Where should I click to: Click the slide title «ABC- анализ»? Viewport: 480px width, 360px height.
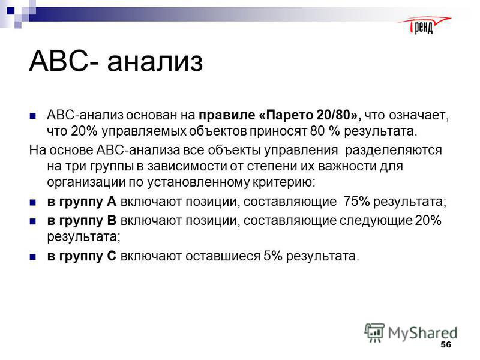[x=116, y=61]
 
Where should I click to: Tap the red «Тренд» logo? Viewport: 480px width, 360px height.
[x=424, y=25]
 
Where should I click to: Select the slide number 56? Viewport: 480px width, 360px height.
[x=446, y=344]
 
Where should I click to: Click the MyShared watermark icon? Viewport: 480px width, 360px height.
[x=374, y=332]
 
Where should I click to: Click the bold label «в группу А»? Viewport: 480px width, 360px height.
[x=82, y=202]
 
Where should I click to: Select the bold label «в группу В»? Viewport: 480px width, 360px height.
[x=82, y=221]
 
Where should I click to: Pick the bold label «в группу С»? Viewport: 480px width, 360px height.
[x=82, y=256]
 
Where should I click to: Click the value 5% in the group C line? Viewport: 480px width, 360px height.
[x=273, y=256]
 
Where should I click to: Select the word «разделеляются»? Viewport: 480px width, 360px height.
[x=394, y=151]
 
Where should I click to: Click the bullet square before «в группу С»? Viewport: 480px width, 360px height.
[x=33, y=257]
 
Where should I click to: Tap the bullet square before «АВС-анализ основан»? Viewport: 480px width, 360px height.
[x=33, y=116]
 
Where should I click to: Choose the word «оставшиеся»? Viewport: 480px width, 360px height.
[x=223, y=256]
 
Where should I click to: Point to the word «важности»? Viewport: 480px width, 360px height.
[x=347, y=166]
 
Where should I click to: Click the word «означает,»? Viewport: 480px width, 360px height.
[x=419, y=116]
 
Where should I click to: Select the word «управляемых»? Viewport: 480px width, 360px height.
[x=144, y=131]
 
